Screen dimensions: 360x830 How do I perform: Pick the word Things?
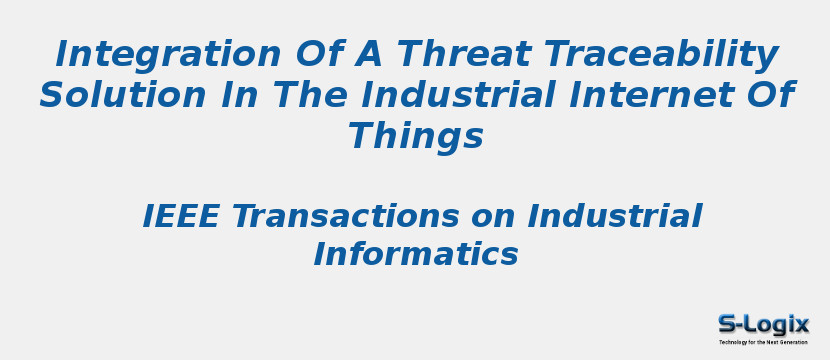[x=415, y=137]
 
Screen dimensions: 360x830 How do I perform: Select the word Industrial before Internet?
[x=471, y=96]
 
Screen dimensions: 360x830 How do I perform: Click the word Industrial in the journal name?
[x=615, y=217]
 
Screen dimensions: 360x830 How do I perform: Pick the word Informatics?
[x=415, y=255]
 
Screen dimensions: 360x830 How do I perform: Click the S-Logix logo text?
[x=763, y=324]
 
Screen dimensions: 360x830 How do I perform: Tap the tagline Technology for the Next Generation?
[x=763, y=342]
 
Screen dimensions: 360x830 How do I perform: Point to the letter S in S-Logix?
[x=727, y=324]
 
